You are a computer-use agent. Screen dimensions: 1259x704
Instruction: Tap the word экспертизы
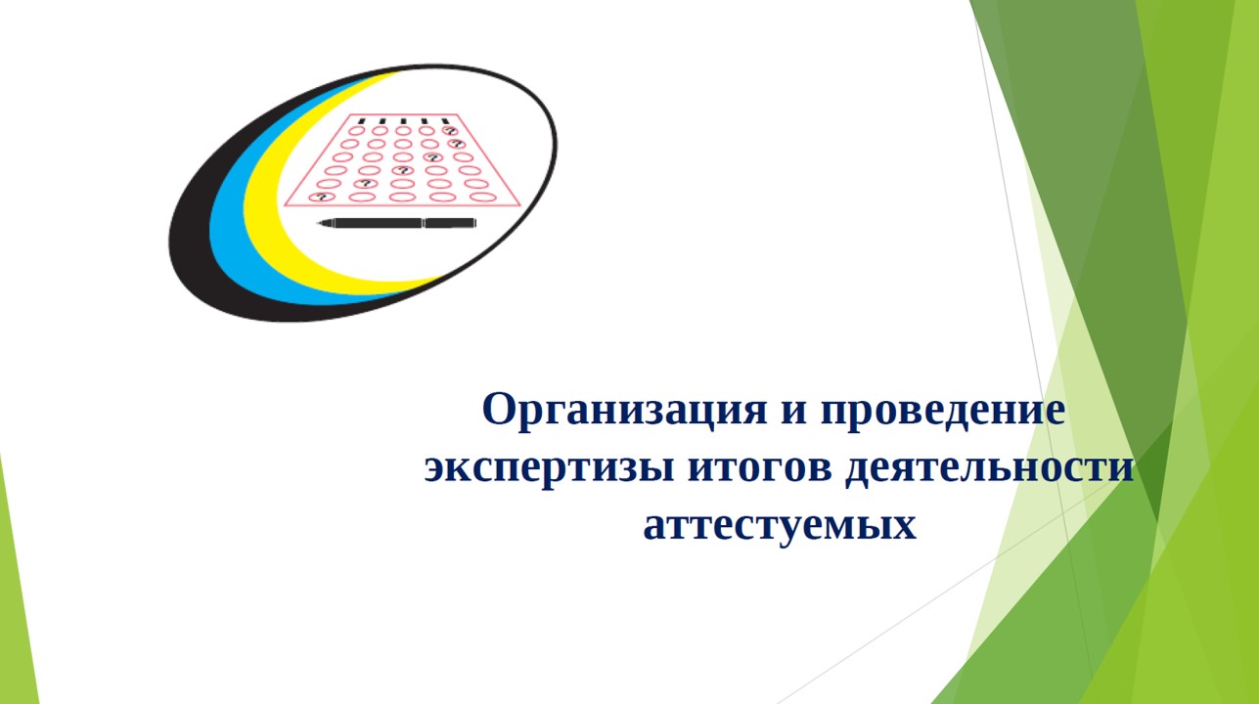pyautogui.click(x=549, y=467)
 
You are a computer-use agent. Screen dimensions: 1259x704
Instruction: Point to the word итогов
pyautogui.click(x=760, y=467)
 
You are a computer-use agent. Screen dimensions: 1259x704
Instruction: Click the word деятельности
pyautogui.click(x=990, y=467)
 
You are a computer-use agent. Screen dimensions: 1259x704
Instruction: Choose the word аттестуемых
pyautogui.click(x=780, y=525)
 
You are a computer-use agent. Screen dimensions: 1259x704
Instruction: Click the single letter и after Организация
pyautogui.click(x=793, y=412)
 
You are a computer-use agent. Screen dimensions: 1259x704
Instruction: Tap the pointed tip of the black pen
pyautogui.click(x=318, y=224)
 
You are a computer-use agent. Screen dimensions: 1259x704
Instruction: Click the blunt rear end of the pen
pyautogui.click(x=476, y=223)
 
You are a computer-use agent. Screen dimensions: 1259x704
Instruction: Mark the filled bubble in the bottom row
pyautogui.click(x=322, y=198)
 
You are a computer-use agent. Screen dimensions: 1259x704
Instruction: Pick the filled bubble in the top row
pyautogui.click(x=450, y=131)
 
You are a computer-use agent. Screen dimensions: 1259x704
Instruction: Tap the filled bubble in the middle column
pyautogui.click(x=402, y=170)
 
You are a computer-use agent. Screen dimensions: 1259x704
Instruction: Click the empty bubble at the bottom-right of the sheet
pyautogui.click(x=483, y=198)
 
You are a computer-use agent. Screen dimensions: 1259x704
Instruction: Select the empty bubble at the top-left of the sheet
pyautogui.click(x=356, y=131)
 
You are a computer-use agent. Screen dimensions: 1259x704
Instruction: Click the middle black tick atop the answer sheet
pyautogui.click(x=403, y=121)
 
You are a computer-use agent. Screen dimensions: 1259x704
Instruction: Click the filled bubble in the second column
pyautogui.click(x=366, y=184)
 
